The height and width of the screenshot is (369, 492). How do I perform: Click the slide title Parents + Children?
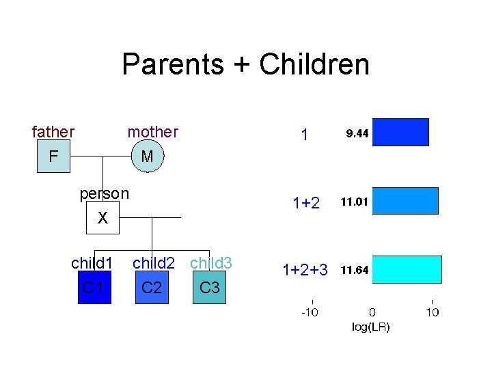[x=245, y=65]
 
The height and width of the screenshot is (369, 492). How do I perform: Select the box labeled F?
[x=53, y=157]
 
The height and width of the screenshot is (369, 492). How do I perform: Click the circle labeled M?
[x=147, y=157]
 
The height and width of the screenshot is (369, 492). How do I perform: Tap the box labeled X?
[x=102, y=218]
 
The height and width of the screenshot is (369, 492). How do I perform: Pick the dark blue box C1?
[x=94, y=287]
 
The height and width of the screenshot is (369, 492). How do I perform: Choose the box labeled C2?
[x=152, y=287]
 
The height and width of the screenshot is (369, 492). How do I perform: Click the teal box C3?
[x=209, y=287]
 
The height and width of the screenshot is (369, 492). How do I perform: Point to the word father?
[x=53, y=131]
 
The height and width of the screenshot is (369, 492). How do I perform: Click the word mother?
[x=152, y=131]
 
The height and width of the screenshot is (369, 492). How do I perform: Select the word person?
[x=104, y=193]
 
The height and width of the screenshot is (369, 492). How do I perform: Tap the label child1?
[x=92, y=263]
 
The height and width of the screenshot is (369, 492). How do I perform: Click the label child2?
[x=154, y=263]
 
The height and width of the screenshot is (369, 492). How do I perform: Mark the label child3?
[x=211, y=263]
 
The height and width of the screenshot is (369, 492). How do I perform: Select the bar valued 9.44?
[x=400, y=133]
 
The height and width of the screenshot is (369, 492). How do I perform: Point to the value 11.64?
[x=355, y=270]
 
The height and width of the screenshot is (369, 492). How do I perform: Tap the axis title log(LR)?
[x=371, y=327]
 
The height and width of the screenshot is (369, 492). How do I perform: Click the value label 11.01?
[x=355, y=202]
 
